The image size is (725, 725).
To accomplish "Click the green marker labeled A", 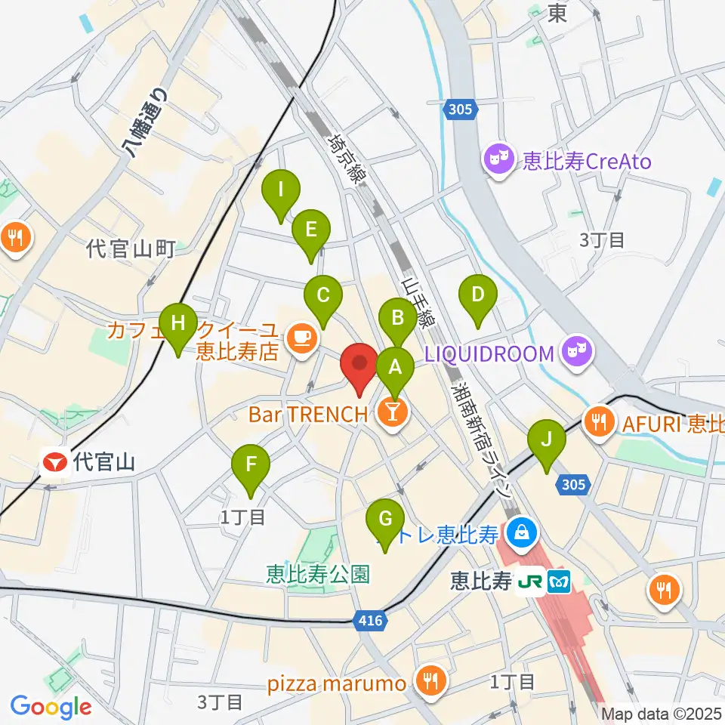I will coord(394,368).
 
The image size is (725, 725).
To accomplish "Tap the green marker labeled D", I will coord(477,295).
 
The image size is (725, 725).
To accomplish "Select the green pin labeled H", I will coord(177,324).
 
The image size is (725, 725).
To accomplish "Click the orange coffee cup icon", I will coord(302,337).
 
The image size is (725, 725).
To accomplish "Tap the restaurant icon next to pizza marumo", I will coord(430,683).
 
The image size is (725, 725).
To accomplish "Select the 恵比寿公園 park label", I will coord(319,575).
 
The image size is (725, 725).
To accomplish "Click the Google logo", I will coord(51,707).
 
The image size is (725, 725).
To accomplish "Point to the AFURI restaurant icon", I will coord(600,420).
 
